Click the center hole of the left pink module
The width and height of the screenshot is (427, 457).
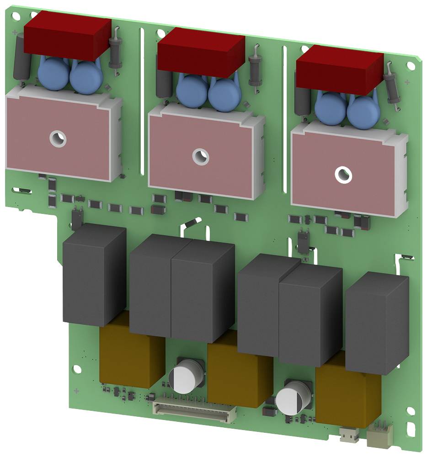[x=58, y=138]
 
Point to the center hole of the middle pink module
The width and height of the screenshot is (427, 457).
[x=200, y=157]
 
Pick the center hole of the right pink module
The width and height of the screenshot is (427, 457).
[x=342, y=175]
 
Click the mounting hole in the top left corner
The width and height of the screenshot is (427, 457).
[x=16, y=16]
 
